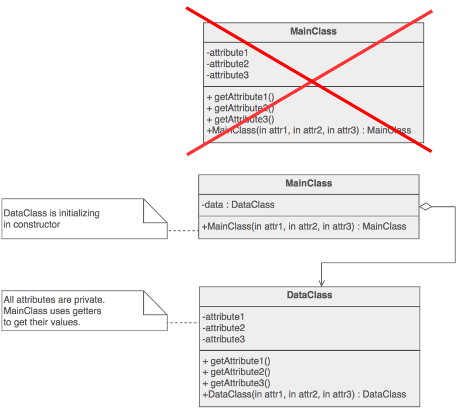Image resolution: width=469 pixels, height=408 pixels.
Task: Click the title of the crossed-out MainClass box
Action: (313, 31)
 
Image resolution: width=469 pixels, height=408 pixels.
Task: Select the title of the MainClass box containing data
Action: (308, 183)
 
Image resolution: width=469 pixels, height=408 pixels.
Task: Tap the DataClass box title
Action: (309, 295)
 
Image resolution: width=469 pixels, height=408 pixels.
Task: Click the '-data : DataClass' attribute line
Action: (238, 205)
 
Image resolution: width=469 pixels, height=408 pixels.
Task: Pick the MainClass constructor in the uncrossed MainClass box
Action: (304, 226)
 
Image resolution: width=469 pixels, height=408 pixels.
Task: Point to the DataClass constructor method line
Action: (304, 394)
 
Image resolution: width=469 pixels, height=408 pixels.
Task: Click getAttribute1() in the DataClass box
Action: (237, 361)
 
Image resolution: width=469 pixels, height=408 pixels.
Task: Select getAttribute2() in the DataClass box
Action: (237, 372)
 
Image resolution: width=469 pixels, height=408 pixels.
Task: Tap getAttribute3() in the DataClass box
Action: (237, 383)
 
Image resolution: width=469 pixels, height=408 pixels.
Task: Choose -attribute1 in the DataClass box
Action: (224, 317)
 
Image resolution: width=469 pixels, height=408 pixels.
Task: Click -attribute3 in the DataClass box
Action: (224, 339)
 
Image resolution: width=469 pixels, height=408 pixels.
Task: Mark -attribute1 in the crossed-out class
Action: (228, 53)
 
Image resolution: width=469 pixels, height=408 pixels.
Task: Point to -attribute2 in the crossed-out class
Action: (228, 64)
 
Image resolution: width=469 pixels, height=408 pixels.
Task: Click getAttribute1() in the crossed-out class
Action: (241, 97)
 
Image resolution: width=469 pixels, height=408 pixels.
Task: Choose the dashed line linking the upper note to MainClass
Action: (183, 231)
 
